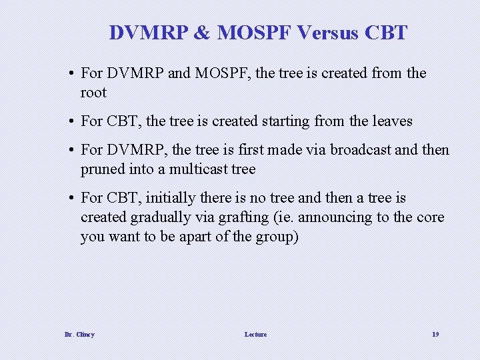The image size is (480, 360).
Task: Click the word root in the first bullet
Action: pyautogui.click(x=93, y=93)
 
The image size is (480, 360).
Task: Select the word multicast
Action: pyautogui.click(x=199, y=169)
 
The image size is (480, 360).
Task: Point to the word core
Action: pyautogui.click(x=430, y=217)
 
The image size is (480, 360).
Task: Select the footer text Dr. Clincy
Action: pyautogui.click(x=79, y=334)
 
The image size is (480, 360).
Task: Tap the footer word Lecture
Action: pyautogui.click(x=255, y=334)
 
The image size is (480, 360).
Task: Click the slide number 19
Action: pyautogui.click(x=435, y=334)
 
